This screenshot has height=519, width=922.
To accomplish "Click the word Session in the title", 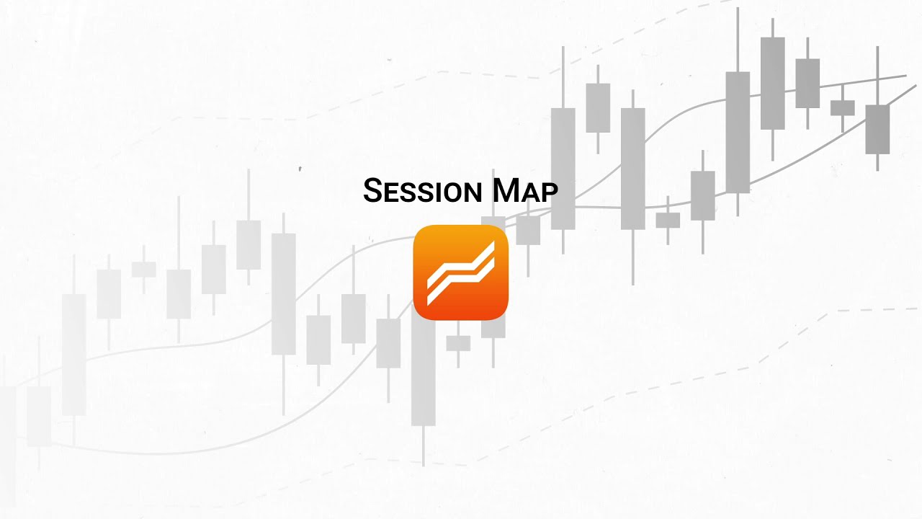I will pos(422,191).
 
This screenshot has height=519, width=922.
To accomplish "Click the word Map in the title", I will pos(525,191).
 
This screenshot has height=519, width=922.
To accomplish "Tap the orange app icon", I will pos(461,272).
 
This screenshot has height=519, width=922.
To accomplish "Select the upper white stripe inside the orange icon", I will pos(461,263).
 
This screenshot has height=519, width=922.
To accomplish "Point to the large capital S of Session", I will pos(372,190).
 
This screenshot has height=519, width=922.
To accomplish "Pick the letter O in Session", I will pos(452,193).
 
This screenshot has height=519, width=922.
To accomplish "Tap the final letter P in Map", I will pos(550,193).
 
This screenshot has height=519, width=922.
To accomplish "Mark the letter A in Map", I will pos(531,193).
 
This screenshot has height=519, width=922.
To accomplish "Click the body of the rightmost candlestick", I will pos(877,129).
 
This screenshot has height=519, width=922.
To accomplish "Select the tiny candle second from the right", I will pos(842,107).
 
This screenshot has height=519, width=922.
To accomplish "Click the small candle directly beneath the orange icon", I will pos(458,343).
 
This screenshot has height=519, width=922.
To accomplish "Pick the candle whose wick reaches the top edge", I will pos(738,132).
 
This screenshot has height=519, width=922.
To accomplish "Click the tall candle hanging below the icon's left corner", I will pos(424,375).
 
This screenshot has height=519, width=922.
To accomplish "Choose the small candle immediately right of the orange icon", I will pos(528,230).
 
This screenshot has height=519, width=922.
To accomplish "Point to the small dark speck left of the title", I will pos(300,169).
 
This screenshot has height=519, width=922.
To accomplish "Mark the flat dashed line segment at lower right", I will pos(875,310).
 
